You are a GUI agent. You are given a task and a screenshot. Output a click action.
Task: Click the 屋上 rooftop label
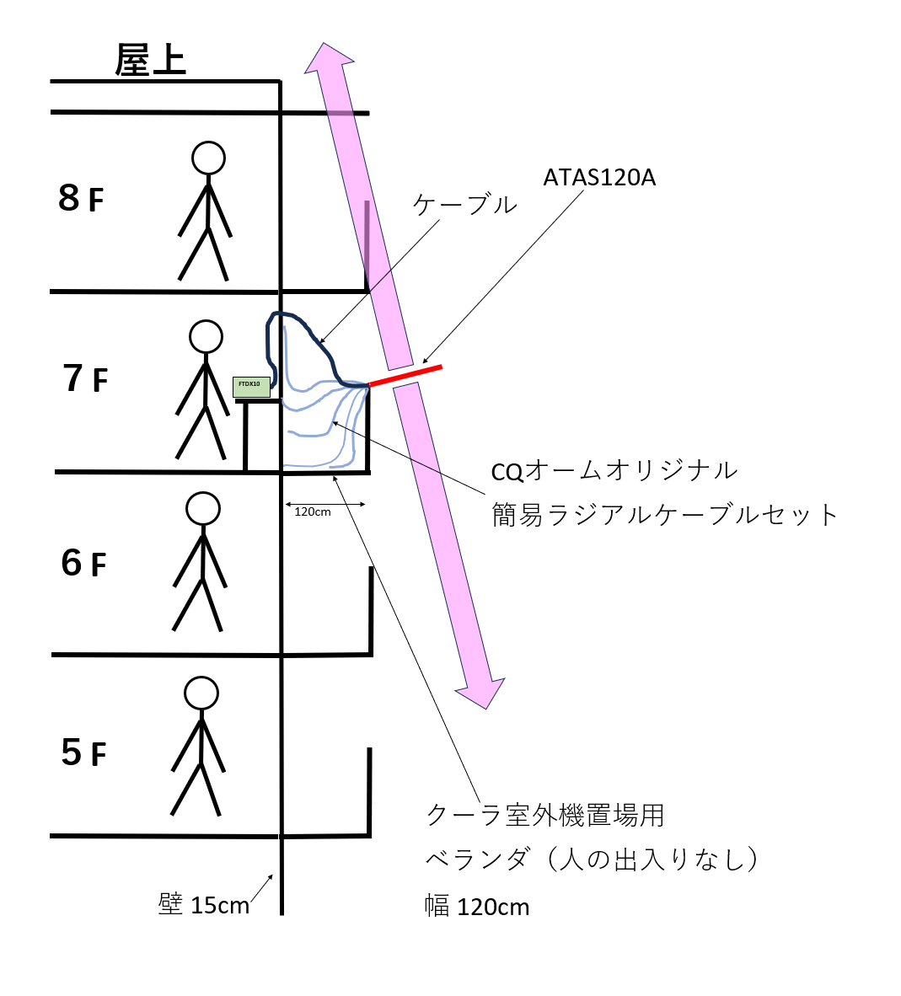pyautogui.click(x=150, y=61)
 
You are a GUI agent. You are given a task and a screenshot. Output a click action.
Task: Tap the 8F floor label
pyautogui.click(x=81, y=199)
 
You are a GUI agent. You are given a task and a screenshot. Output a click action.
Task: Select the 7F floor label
pyautogui.click(x=85, y=379)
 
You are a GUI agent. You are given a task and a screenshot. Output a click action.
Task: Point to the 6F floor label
pyautogui.click(x=83, y=563)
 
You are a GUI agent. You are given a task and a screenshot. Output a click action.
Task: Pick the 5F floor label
pyautogui.click(x=83, y=752)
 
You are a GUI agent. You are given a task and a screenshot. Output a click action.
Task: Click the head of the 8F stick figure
pyautogui.click(x=208, y=158)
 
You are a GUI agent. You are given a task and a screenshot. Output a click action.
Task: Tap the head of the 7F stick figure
pyautogui.click(x=206, y=336)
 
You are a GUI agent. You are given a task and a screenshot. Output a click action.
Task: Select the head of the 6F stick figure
pyautogui.click(x=203, y=509)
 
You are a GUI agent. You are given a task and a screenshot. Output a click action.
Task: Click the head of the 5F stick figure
pyautogui.click(x=201, y=693)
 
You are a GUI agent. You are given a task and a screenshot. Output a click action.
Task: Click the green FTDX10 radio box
pyautogui.click(x=251, y=387)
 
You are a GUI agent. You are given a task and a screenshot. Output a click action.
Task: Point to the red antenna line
pyautogui.click(x=405, y=376)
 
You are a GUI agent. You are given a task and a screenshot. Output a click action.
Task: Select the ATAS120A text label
pyautogui.click(x=599, y=178)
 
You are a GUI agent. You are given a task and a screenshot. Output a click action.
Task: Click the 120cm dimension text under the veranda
pyautogui.click(x=313, y=511)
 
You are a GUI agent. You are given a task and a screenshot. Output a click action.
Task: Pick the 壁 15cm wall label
pyautogui.click(x=204, y=905)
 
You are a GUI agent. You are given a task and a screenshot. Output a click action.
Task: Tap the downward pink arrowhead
pyautogui.click(x=481, y=691)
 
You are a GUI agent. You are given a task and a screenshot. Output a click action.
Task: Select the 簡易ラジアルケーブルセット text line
pyautogui.click(x=665, y=514)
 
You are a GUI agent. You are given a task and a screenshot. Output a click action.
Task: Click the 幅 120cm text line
pyautogui.click(x=477, y=907)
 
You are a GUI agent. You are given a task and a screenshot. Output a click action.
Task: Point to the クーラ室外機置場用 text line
pyautogui.click(x=545, y=815)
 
